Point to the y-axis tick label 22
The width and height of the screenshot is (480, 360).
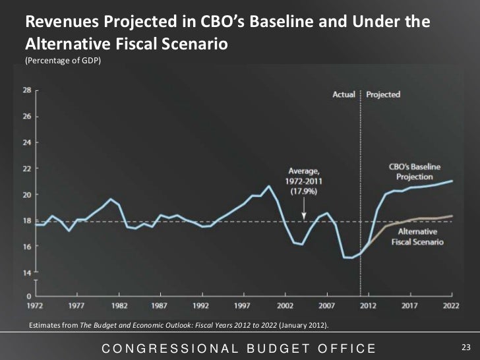[27, 168]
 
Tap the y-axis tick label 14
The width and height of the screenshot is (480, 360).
[27, 272]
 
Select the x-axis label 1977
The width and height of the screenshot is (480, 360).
[77, 306]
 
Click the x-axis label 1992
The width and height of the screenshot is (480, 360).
[202, 306]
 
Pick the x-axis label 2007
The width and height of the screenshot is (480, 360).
[327, 306]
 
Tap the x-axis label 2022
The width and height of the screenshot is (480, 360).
[452, 306]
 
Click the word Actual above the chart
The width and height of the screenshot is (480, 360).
[344, 94]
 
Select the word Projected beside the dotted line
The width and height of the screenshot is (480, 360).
[383, 94]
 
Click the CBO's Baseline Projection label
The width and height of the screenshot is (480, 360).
[415, 172]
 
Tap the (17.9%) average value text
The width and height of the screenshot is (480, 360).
[304, 191]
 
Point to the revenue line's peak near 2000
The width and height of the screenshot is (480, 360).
[269, 186]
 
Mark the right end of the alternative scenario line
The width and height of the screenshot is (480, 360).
[452, 216]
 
